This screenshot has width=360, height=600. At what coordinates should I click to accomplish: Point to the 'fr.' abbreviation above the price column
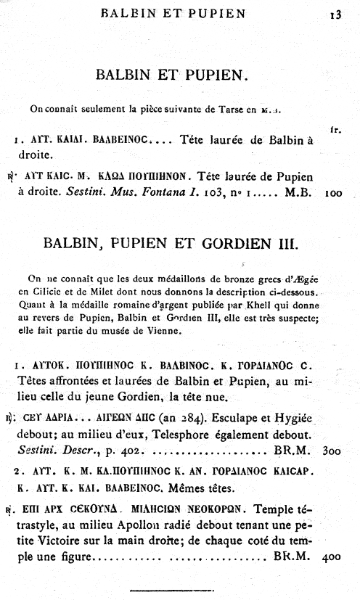335,129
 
